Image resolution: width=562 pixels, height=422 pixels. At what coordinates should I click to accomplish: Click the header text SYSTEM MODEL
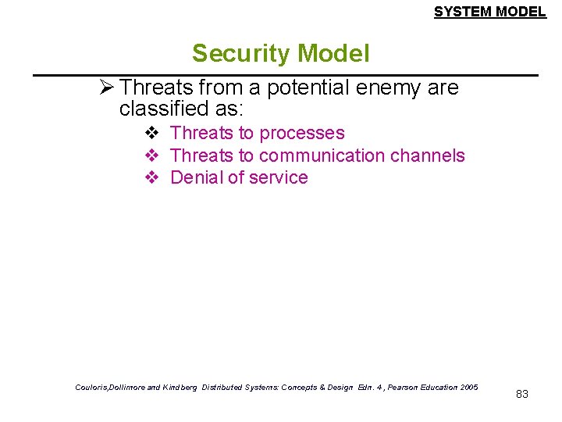pyautogui.click(x=489, y=12)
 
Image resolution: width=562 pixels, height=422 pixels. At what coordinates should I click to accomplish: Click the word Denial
pyautogui.click(x=196, y=177)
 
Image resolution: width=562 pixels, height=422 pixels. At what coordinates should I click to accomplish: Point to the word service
pyautogui.click(x=278, y=177)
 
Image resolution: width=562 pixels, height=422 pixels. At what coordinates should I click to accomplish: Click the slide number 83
pyautogui.click(x=522, y=394)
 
